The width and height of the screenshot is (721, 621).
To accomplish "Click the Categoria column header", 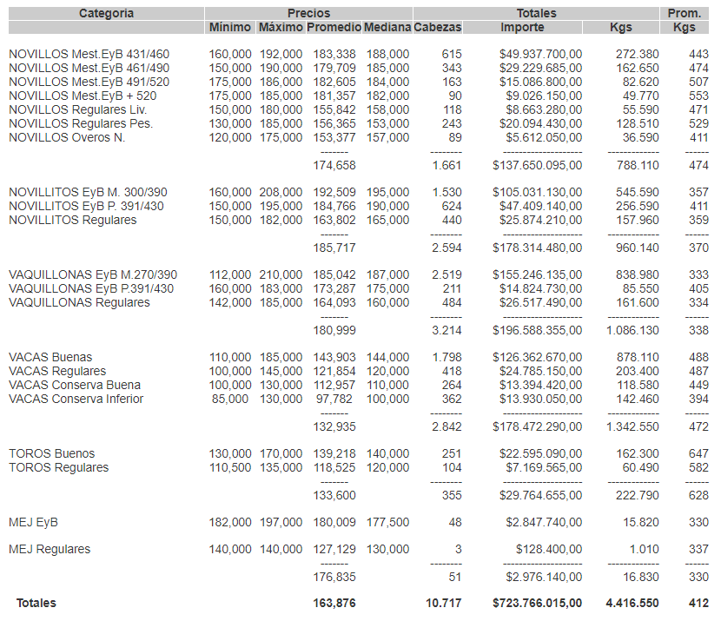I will pos(106,13).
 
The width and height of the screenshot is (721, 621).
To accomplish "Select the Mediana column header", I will pos(387,28).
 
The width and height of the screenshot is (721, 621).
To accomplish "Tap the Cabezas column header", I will pos(438,28).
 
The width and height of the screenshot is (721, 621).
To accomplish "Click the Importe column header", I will pos(523,28).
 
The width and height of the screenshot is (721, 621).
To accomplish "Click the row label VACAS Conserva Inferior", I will pos(76,399).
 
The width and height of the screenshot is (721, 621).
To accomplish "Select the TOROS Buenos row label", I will pos(52,453).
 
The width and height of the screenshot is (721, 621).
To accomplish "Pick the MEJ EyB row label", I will pos(33,522).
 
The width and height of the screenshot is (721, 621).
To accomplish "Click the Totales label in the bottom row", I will pos(36,602).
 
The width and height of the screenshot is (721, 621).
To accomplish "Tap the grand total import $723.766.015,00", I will pos(537,602).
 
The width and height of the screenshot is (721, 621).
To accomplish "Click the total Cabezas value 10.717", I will pos(444,602).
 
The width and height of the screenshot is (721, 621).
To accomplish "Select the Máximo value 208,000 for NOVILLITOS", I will pos(281,192).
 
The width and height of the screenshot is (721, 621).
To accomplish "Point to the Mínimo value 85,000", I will pos(230,399).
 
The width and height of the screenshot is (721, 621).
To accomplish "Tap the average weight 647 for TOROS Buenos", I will pos(698,453).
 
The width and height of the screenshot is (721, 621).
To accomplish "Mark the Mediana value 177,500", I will pos(387,522).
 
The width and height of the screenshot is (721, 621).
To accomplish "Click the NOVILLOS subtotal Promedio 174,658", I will pos(334,165).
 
